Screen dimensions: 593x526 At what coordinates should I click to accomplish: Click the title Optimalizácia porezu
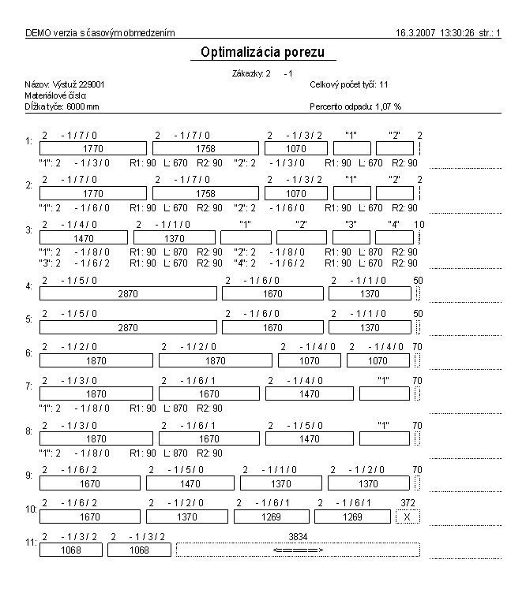[264, 52]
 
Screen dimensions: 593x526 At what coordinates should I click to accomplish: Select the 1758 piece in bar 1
[205, 147]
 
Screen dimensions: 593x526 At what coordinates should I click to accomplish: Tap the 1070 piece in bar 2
[296, 193]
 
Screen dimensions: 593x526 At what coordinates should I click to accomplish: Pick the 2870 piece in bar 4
[127, 293]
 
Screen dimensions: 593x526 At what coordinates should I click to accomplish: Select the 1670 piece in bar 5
[272, 327]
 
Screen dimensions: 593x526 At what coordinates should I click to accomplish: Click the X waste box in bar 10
[408, 517]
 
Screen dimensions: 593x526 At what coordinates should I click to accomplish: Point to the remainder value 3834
[298, 536]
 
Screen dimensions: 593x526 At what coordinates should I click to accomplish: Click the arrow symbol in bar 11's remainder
[298, 550]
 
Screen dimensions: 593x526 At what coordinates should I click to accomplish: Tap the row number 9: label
[28, 476]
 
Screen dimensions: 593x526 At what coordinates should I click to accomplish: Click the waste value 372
[408, 502]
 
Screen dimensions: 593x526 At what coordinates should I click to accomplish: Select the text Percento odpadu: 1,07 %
[356, 106]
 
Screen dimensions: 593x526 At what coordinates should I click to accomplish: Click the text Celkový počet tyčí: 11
[348, 84]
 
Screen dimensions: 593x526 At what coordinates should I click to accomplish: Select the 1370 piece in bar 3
[174, 237]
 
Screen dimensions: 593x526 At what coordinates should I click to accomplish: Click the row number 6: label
[28, 353]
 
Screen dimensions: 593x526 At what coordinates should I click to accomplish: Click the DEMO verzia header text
[100, 33]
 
